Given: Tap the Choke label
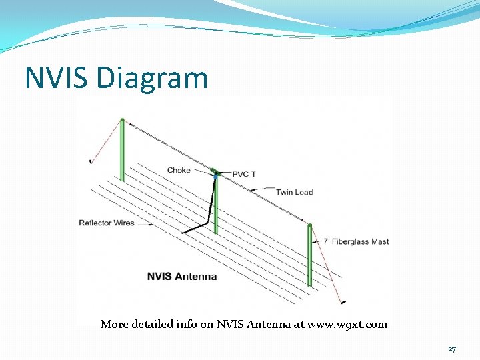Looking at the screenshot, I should (x=179, y=170).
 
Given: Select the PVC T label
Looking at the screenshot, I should (x=244, y=174).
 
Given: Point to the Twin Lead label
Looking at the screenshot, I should (x=295, y=192).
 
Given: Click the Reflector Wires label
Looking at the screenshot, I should (x=107, y=223).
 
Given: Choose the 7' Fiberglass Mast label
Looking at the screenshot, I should (x=356, y=241).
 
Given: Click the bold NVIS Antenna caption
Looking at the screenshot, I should (x=182, y=276).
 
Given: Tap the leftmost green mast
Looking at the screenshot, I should (x=123, y=150).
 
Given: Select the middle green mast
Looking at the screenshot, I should (x=215, y=207).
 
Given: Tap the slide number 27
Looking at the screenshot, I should (x=452, y=349).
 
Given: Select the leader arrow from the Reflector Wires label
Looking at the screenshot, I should (x=145, y=223).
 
